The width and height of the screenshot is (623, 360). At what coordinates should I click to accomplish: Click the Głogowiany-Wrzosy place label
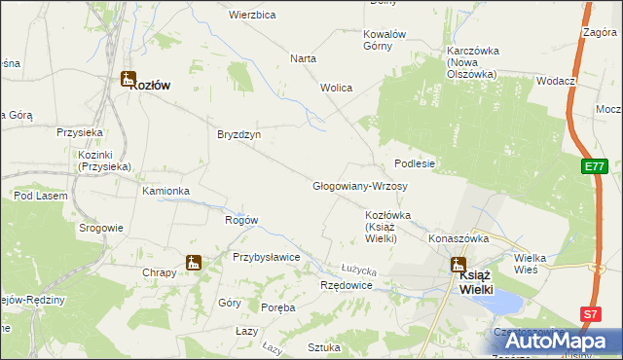coord(359,186)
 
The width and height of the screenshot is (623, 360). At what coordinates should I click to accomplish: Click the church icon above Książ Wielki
coord(458,265)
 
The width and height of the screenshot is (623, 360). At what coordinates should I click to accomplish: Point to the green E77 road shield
coord(597,167)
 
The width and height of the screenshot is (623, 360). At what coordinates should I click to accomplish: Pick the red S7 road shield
coord(590,313)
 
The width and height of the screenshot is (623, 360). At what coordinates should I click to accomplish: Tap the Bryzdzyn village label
coord(238,135)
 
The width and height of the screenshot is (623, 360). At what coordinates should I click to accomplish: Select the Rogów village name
coord(240,220)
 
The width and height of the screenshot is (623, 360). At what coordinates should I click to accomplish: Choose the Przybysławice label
coord(265,257)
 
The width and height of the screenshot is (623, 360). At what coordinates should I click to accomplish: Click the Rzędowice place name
coord(347,285)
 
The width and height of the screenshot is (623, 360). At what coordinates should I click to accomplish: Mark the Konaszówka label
coord(458,237)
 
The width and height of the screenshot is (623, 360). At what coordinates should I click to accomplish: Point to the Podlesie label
coord(414,163)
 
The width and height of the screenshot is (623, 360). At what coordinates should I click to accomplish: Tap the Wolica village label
coord(336,88)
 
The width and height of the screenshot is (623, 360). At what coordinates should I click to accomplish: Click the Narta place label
coord(303,58)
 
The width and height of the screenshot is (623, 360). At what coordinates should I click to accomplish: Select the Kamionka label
coord(165,191)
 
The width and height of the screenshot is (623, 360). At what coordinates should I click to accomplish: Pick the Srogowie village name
coord(101,228)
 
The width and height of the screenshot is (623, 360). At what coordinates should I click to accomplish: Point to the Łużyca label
coord(358,268)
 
